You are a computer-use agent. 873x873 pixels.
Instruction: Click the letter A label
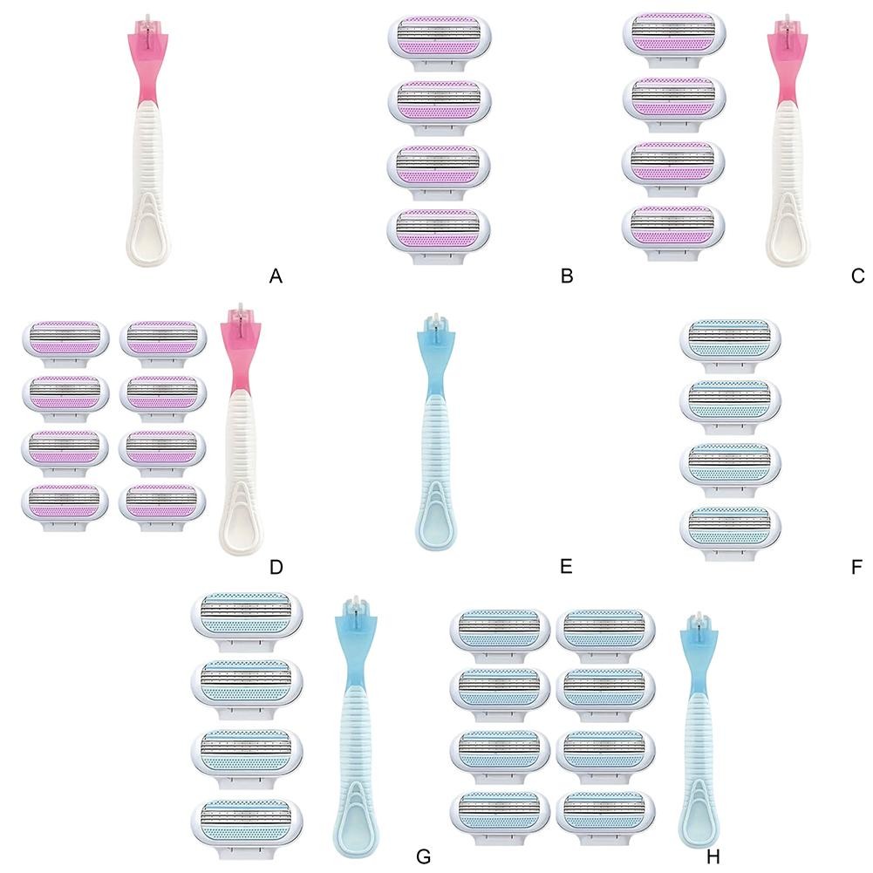[x=276, y=276]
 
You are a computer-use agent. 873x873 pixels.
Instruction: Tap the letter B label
[x=567, y=276]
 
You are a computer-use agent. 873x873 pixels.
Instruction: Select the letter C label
[x=858, y=276]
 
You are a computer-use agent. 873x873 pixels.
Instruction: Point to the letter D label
[x=276, y=567]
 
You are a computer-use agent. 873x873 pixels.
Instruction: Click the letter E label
[x=566, y=567]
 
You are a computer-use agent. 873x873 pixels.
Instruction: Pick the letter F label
[x=857, y=567]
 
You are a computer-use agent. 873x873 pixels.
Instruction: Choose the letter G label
[x=423, y=856]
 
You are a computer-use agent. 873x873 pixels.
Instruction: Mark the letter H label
[x=713, y=856]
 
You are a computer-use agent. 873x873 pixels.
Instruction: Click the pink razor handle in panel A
[x=147, y=140]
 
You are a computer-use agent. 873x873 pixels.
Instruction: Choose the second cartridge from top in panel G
[x=247, y=689]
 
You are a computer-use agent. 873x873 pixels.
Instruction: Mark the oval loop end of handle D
[x=241, y=518]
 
